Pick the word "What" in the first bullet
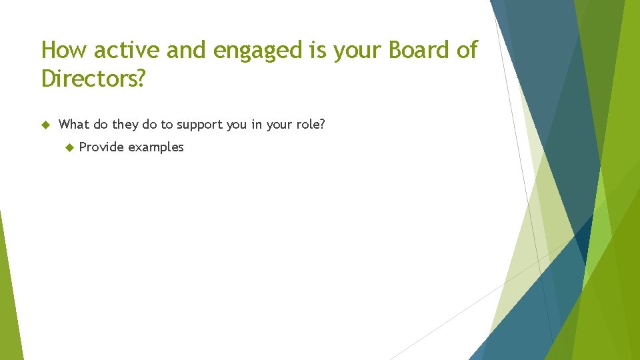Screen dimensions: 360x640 74,124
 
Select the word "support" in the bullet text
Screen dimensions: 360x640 199,125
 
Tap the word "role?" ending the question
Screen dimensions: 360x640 309,124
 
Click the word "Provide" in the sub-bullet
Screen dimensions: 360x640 101,147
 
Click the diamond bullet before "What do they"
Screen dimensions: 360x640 45,124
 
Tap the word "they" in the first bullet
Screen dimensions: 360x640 125,125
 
